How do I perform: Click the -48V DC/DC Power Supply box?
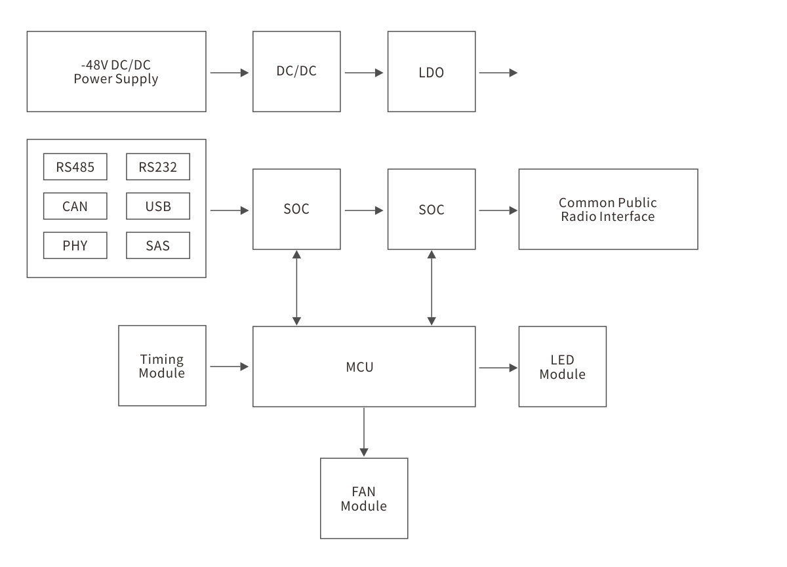coord(116,71)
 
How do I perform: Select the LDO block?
coord(431,71)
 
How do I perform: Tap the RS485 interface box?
coord(75,167)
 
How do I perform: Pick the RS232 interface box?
coord(158,167)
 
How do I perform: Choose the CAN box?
coord(75,206)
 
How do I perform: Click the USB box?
coord(158,206)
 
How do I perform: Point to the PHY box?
coord(75,246)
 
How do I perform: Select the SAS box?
coord(158,246)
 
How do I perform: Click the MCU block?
coord(364,366)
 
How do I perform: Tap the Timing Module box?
coord(162,366)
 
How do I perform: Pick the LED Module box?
coord(562,366)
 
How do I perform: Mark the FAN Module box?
coord(364,499)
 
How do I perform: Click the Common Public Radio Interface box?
coord(608,209)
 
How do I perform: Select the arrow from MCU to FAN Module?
coord(364,432)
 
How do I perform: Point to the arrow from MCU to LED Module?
coord(498,368)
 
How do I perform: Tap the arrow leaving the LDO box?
coord(498,73)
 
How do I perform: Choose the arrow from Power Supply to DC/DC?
coord(230,73)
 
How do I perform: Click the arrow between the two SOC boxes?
coord(363,210)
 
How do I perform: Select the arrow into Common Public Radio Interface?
coord(498,210)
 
